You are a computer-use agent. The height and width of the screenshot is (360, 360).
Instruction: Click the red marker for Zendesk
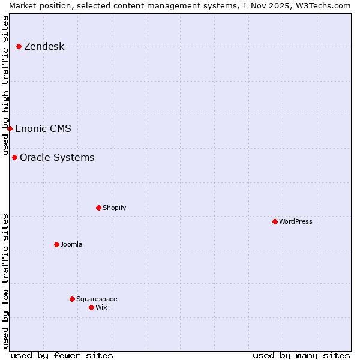pyautogui.click(x=19, y=47)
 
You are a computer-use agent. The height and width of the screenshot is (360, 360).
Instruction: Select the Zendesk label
pyautogui.click(x=44, y=47)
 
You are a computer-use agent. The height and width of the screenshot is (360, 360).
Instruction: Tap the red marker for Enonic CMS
pyautogui.click(x=10, y=128)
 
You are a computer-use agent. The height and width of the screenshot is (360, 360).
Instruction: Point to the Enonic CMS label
pyautogui.click(x=43, y=128)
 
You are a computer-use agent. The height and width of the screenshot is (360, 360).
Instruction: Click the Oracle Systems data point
pyautogui.click(x=14, y=158)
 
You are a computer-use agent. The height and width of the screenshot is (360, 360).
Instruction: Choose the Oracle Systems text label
pyautogui.click(x=57, y=158)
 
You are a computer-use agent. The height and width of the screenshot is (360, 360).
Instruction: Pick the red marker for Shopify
pyautogui.click(x=98, y=208)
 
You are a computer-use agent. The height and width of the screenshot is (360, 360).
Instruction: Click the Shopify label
pyautogui.click(x=114, y=208)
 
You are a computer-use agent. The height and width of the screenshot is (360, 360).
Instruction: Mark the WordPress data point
pyautogui.click(x=275, y=222)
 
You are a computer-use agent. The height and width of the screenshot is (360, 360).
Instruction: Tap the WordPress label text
pyautogui.click(x=295, y=222)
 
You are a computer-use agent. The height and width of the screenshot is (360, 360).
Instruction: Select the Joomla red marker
pyautogui.click(x=56, y=245)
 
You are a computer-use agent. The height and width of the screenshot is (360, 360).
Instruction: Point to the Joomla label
pyautogui.click(x=71, y=245)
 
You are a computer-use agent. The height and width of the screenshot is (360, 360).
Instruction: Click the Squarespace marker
pyautogui.click(x=72, y=299)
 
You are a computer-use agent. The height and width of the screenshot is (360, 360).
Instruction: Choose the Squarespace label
pyautogui.click(x=97, y=299)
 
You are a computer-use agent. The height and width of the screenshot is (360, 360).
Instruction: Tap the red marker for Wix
pyautogui.click(x=91, y=308)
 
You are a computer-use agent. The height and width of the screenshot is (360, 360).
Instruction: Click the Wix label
pyautogui.click(x=101, y=308)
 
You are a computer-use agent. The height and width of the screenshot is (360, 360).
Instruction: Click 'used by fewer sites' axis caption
pyautogui.click(x=62, y=355)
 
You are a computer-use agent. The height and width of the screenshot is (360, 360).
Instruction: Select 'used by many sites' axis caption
pyautogui.click(x=301, y=355)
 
